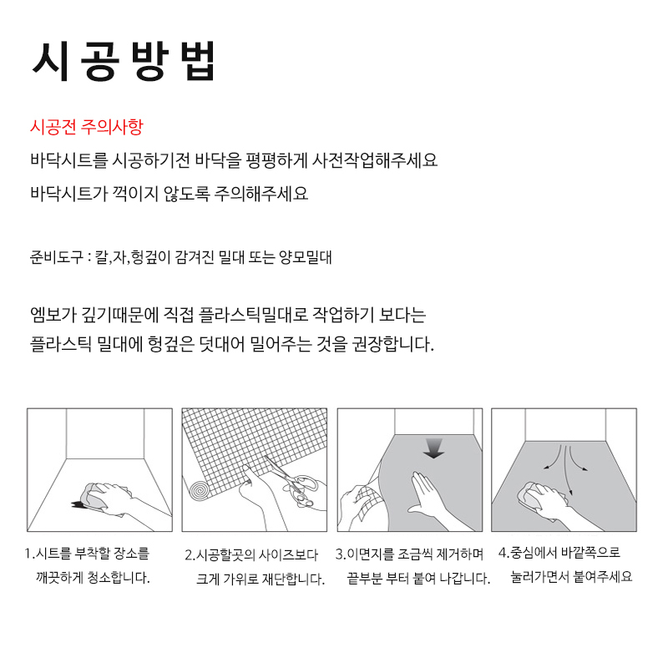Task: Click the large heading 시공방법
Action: [124, 61]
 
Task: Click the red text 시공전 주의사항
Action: [87, 127]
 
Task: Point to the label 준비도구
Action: [56, 257]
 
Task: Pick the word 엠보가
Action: [53, 315]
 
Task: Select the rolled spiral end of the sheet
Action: [200, 490]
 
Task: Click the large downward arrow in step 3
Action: [433, 448]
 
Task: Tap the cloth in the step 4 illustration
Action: [532, 496]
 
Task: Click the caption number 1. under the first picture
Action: [30, 554]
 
